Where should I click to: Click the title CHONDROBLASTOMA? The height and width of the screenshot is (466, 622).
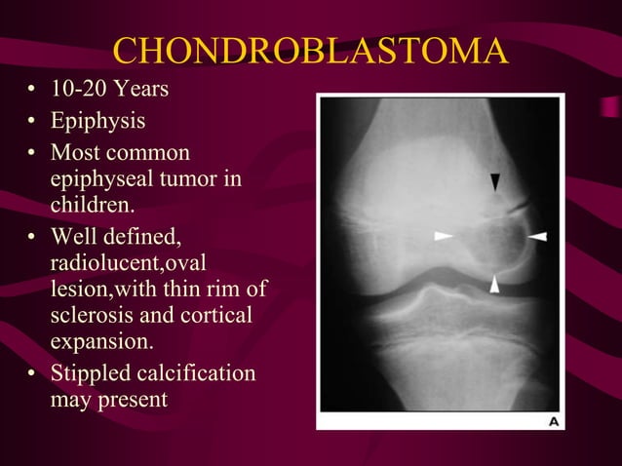tap(310, 50)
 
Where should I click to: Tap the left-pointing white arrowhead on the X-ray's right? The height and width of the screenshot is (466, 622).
tap(537, 236)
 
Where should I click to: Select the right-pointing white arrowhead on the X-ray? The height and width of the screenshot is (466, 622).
tap(444, 236)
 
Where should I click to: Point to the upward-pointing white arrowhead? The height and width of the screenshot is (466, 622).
tap(495, 284)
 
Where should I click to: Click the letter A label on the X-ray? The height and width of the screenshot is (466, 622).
tap(554, 421)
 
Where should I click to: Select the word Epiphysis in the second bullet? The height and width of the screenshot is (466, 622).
tap(97, 123)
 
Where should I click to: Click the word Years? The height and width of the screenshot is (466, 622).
tap(140, 91)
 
